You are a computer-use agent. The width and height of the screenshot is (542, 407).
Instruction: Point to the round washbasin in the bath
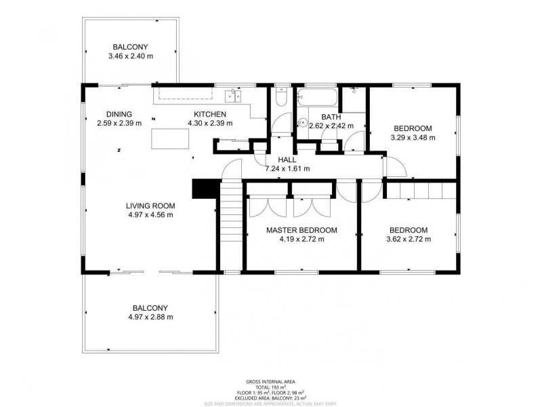301,123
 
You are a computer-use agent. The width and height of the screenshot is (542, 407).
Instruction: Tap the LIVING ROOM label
150,206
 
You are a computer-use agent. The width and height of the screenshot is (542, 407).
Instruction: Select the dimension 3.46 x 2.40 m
130,56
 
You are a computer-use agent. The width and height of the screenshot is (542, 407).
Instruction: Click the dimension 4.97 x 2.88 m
150,316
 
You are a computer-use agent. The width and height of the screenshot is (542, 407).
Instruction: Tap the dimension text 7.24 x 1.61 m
287,168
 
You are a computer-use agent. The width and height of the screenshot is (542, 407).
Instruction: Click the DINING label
119,114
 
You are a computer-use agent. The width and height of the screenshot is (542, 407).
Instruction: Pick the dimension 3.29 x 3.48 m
413,137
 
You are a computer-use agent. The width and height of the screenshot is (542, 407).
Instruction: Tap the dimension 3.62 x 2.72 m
408,239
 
